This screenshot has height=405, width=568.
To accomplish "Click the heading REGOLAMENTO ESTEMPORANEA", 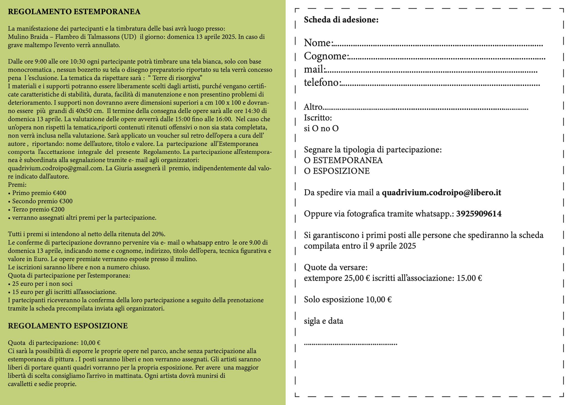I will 74,12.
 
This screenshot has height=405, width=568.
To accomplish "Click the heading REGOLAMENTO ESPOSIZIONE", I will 68,326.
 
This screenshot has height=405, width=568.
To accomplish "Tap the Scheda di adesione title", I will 341,20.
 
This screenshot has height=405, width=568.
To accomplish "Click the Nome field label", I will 318,43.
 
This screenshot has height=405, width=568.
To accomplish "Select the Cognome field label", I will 326,56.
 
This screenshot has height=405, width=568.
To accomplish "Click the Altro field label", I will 313,107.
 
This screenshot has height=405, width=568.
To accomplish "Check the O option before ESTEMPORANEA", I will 307,160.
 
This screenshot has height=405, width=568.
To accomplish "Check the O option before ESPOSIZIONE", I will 307,171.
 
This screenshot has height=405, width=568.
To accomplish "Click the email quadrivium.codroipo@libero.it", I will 441,193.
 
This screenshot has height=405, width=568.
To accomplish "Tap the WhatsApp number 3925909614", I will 479,214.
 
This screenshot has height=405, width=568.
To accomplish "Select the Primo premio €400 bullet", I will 37,193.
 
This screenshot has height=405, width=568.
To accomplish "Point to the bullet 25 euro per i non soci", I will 40,284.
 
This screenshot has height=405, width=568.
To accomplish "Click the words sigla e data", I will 323,321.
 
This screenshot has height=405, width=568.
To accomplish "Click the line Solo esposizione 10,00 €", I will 348,300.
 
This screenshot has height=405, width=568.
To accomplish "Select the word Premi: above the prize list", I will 17,185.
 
